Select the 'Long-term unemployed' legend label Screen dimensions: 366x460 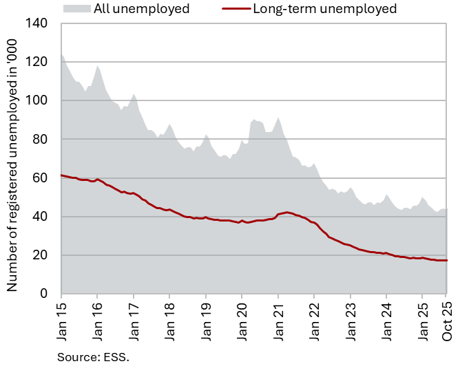[324, 9]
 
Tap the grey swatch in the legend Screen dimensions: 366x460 [78, 9]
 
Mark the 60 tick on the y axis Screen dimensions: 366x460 [39, 178]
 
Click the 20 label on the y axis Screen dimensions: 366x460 [39, 255]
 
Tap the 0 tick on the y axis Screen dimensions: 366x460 [43, 294]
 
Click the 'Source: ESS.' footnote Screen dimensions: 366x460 [93, 356]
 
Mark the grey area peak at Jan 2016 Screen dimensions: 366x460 [97, 66]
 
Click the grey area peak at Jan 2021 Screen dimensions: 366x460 [278, 118]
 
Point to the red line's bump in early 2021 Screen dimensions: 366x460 [288, 213]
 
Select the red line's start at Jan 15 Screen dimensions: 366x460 [61, 175]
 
